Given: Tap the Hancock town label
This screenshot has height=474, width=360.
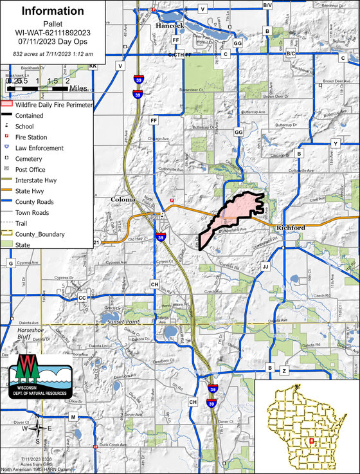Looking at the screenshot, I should click(x=170, y=26).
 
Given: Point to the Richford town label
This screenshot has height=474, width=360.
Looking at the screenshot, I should click(x=291, y=228).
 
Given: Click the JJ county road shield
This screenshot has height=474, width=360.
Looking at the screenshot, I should click(x=265, y=266).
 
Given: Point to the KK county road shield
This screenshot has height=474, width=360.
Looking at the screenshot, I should click(x=93, y=66).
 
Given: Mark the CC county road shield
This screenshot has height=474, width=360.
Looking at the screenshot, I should click(x=82, y=298).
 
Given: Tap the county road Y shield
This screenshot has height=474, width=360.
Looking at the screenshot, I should click(x=335, y=143).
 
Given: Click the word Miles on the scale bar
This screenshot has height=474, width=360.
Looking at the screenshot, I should click(x=78, y=87).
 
